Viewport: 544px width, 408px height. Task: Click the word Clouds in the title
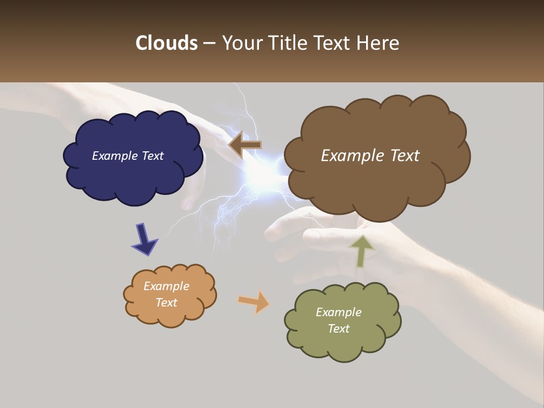tap(166, 43)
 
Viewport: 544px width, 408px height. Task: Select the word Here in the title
tap(379, 43)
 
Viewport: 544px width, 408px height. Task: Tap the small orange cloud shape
tap(169, 295)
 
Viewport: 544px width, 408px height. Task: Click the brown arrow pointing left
tap(245, 144)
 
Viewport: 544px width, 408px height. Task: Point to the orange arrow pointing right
tap(253, 301)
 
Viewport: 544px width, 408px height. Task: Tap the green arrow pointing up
tap(361, 250)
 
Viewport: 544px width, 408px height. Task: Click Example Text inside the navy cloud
tap(127, 156)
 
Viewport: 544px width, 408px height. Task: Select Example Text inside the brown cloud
tap(370, 156)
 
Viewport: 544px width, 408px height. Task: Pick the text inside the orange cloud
tap(167, 294)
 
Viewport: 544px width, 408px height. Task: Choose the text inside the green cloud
tap(338, 320)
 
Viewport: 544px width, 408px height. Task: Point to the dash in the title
tap(209, 44)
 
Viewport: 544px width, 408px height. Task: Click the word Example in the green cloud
tap(338, 312)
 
